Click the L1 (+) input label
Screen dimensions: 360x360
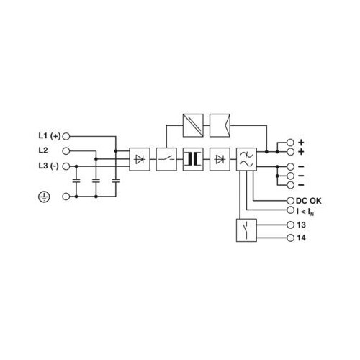pyautogui.click(x=50, y=136)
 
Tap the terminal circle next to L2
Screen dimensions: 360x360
pyautogui.click(x=66, y=151)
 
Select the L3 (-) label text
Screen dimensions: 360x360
pyautogui.click(x=48, y=166)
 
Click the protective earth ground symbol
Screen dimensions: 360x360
pyautogui.click(x=44, y=197)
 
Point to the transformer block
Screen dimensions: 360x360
pyautogui.click(x=193, y=159)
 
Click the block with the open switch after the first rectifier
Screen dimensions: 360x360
pyautogui.click(x=166, y=159)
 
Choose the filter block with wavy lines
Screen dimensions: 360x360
pyautogui.click(x=246, y=159)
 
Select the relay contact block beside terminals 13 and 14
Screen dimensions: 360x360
pyautogui.click(x=246, y=230)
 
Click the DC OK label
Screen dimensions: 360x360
pyautogui.click(x=309, y=201)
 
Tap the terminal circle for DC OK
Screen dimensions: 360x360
pyautogui.click(x=290, y=201)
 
